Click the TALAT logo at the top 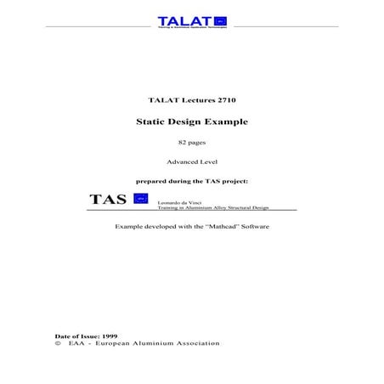click(x=191, y=21)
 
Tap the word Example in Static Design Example click(x=227, y=121)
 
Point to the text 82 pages click(x=191, y=142)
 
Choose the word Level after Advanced click(x=209, y=161)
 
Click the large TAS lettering click(x=108, y=200)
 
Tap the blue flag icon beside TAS click(x=141, y=199)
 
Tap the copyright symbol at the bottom click(x=58, y=343)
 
